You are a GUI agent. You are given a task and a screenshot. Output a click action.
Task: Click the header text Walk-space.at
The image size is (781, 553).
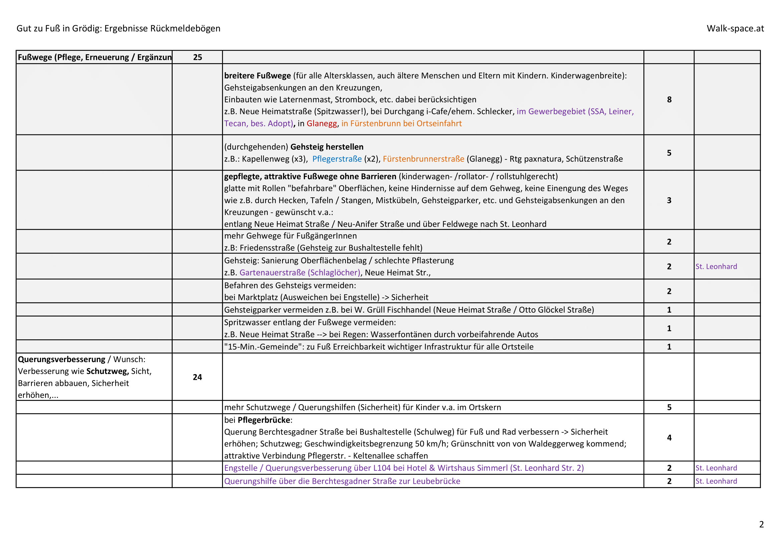pyautogui.click(x=735, y=28)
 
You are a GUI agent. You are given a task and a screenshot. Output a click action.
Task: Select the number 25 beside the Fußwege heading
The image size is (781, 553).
pyautogui.click(x=197, y=57)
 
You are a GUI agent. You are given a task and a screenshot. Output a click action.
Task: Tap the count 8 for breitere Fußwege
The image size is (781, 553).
pyautogui.click(x=669, y=99)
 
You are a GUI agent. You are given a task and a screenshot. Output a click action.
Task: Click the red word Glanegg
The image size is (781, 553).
pyautogui.click(x=322, y=124)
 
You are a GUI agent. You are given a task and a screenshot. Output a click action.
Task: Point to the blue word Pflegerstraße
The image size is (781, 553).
pyautogui.click(x=337, y=159)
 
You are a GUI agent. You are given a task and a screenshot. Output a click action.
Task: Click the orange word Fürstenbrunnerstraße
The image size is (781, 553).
pyautogui.click(x=423, y=159)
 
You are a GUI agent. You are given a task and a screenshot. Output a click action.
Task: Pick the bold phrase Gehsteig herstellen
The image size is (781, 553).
pyautogui.click(x=327, y=147)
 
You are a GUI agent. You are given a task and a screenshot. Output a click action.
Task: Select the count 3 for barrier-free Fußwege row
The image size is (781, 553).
pyautogui.click(x=669, y=200)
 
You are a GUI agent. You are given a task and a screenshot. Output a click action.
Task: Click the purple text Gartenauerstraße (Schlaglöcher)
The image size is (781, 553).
pyautogui.click(x=300, y=272)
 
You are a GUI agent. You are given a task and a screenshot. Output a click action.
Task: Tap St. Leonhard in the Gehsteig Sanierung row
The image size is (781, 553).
pyautogui.click(x=716, y=266)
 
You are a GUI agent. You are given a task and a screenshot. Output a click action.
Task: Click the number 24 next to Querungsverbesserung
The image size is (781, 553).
pyautogui.click(x=197, y=377)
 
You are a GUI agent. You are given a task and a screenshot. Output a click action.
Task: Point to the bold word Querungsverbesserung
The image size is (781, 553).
pyautogui.click(x=61, y=359)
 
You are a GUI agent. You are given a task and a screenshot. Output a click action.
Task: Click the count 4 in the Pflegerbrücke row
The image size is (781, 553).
pyautogui.click(x=669, y=438)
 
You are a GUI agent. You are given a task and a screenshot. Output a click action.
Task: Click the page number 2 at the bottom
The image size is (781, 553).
pyautogui.click(x=761, y=524)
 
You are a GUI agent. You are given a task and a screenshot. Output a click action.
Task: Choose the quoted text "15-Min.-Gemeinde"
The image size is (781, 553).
pyautogui.click(x=262, y=347)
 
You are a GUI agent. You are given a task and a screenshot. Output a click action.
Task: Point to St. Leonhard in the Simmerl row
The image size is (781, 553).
pyautogui.click(x=716, y=468)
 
